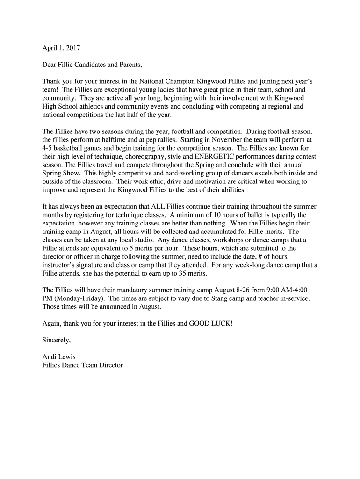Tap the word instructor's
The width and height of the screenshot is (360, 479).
pyautogui.click(x=60, y=265)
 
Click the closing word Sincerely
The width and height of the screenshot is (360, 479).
pyautogui.click(x=56, y=340)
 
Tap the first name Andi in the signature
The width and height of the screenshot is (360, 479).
pyautogui.click(x=50, y=357)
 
